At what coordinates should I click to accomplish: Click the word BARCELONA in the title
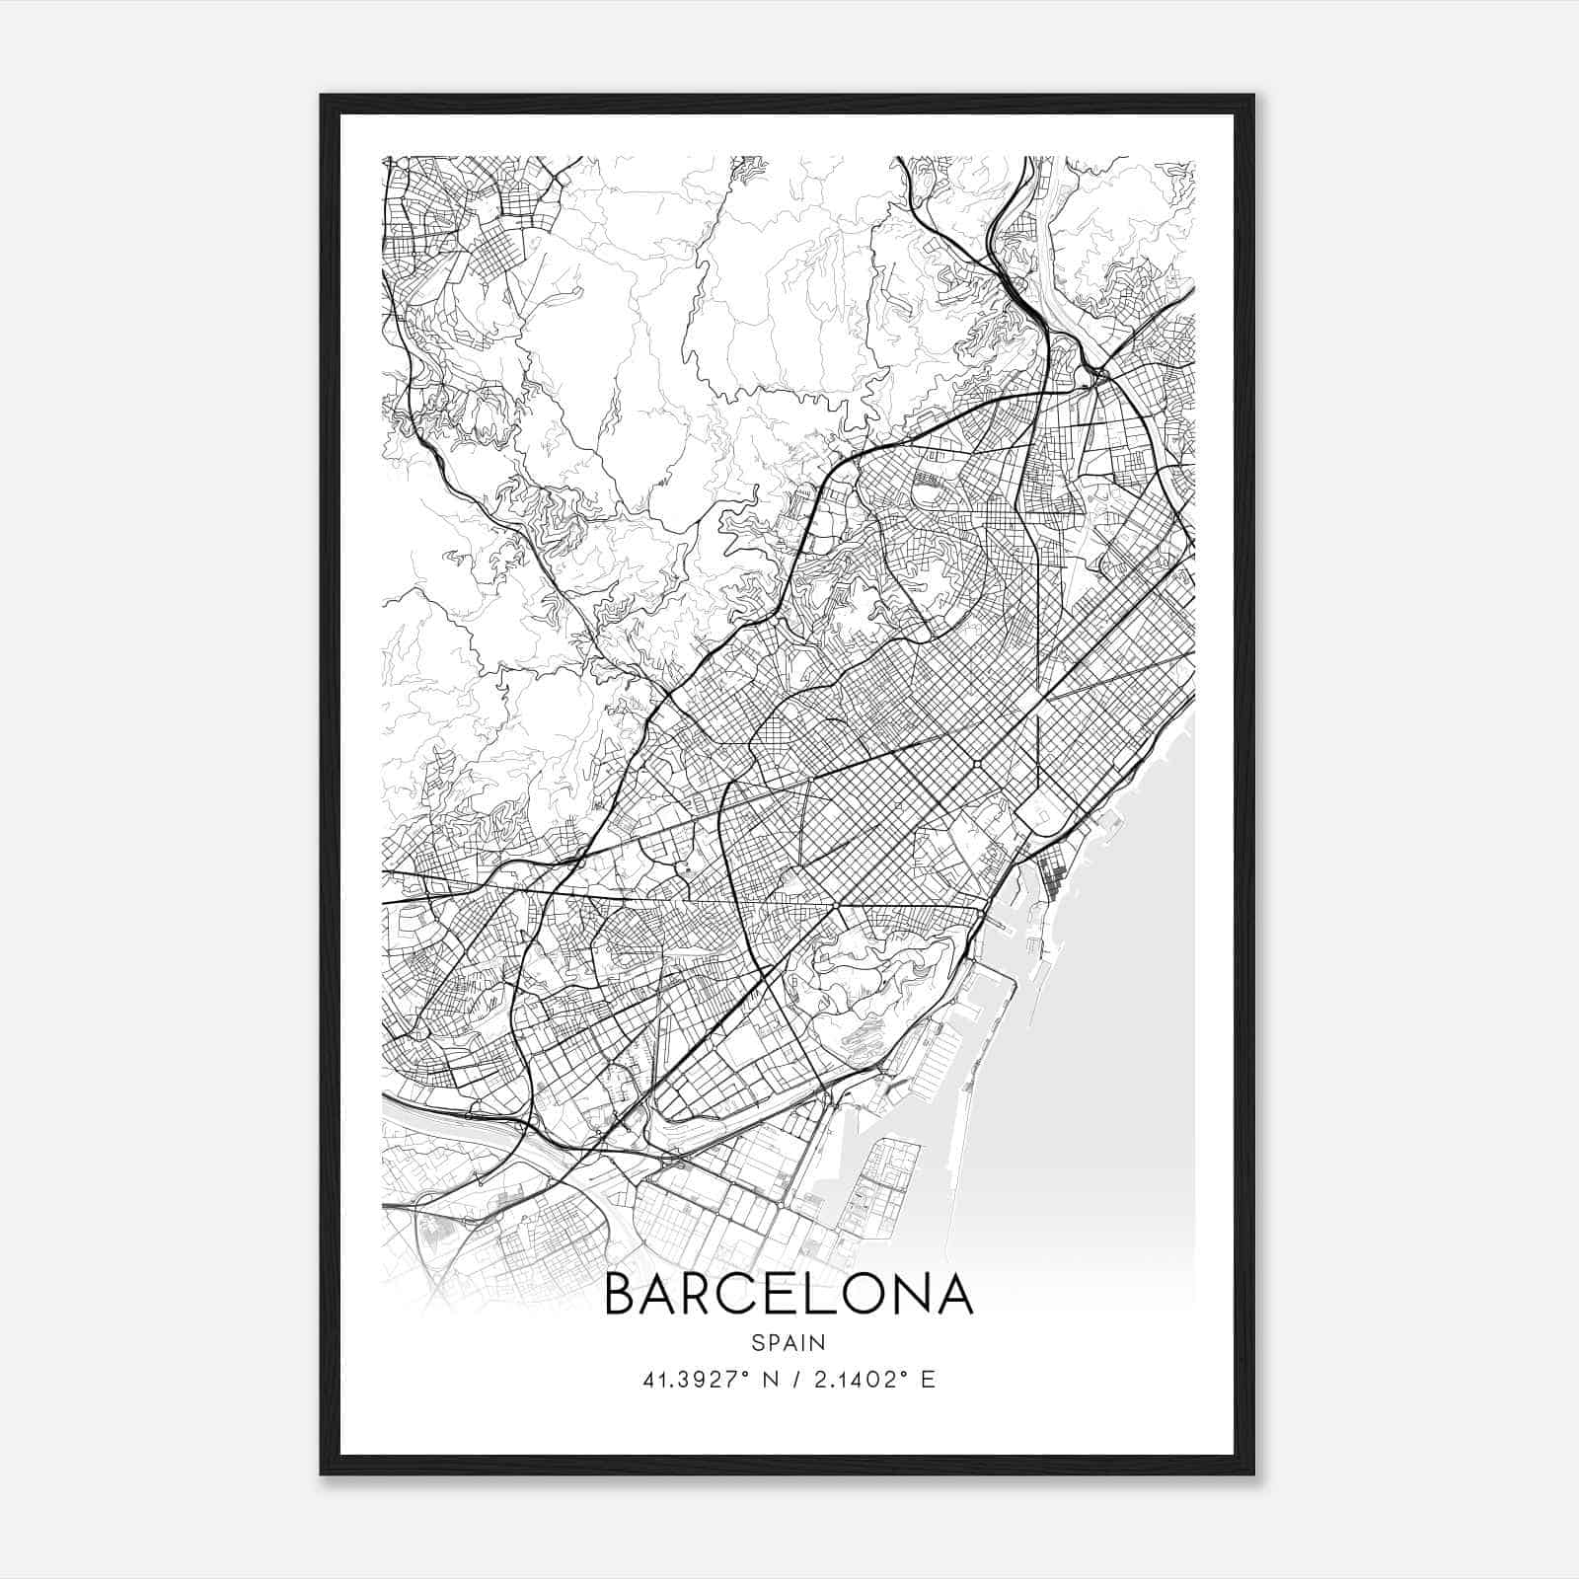coord(789,1294)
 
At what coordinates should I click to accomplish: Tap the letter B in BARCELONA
coord(620,1294)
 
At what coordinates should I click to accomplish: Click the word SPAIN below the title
coord(789,1342)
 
